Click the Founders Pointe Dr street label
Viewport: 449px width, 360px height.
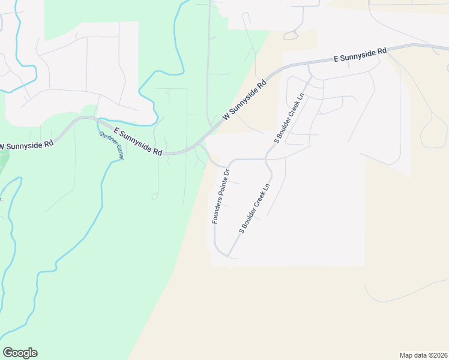219,197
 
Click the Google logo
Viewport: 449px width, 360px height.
20,353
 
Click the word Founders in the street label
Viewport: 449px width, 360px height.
217,209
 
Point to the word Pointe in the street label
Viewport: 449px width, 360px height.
221,186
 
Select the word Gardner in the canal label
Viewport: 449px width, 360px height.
106,140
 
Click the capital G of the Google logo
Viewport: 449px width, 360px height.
8,353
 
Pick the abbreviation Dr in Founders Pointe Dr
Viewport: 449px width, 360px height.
226,173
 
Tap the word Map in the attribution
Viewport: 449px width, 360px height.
407,355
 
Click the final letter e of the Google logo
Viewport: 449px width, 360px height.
34,353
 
